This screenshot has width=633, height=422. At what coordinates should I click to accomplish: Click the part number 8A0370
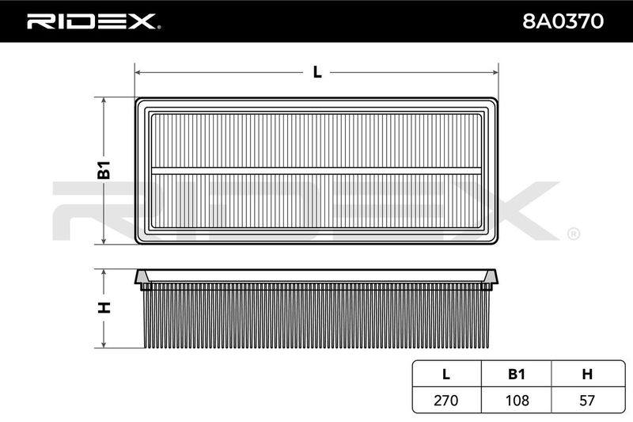coord(563,21)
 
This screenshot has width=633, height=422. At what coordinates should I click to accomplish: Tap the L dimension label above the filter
coord(317,72)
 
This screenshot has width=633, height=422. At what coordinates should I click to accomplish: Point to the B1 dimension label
coord(104,169)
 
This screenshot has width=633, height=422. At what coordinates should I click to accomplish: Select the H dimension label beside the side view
coord(104,307)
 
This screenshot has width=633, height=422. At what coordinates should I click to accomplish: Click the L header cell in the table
coord(446,374)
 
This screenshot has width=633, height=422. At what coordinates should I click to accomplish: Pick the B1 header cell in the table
coord(517,374)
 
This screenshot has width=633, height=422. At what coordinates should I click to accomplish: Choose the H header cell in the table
coord(587,374)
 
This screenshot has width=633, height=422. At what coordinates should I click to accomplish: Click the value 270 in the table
coord(446,400)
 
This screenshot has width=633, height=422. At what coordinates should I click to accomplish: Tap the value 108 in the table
coord(517,400)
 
